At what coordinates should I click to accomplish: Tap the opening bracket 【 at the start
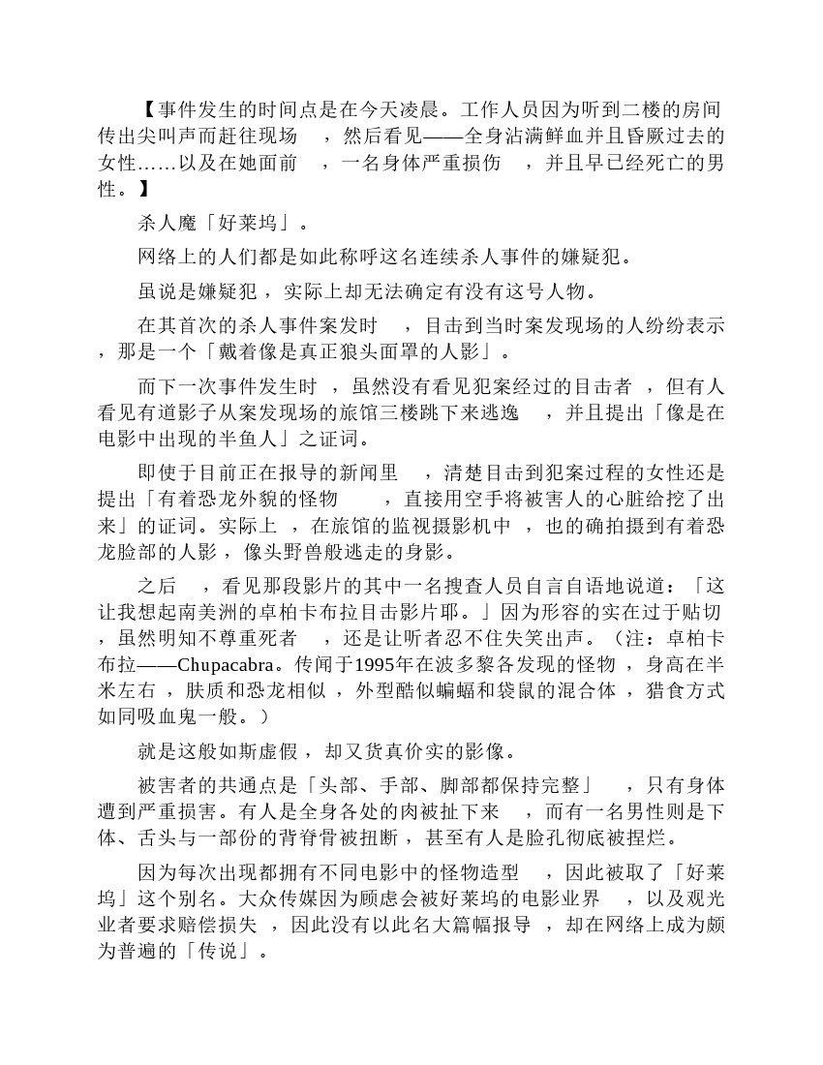(x=145, y=109)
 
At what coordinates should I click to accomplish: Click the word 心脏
(x=616, y=500)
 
